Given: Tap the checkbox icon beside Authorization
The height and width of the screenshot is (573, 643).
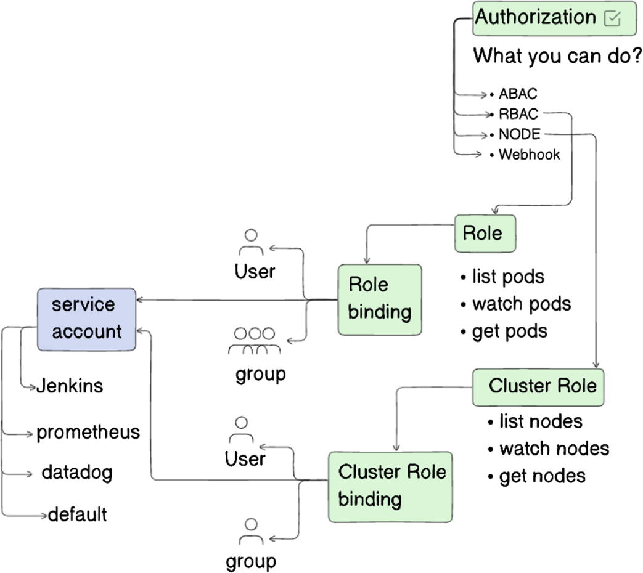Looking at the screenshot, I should [612, 18].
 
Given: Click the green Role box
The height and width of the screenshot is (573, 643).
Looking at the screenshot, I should [485, 234].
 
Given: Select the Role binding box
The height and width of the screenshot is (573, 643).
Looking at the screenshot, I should [380, 299].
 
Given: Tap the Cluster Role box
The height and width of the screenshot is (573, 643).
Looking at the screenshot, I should [538, 387].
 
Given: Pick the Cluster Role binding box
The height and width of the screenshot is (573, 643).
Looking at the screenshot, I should [390, 487].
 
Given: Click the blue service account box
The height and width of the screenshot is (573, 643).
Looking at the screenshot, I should [86, 319].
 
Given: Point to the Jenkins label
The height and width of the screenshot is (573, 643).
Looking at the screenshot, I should [70, 386].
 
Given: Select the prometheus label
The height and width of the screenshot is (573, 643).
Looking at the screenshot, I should [88, 433].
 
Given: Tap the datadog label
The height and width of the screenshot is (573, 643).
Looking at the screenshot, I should [77, 473].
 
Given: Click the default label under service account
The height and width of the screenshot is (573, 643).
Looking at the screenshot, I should [77, 514].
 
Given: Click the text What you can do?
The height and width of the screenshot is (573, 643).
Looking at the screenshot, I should [557, 56].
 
